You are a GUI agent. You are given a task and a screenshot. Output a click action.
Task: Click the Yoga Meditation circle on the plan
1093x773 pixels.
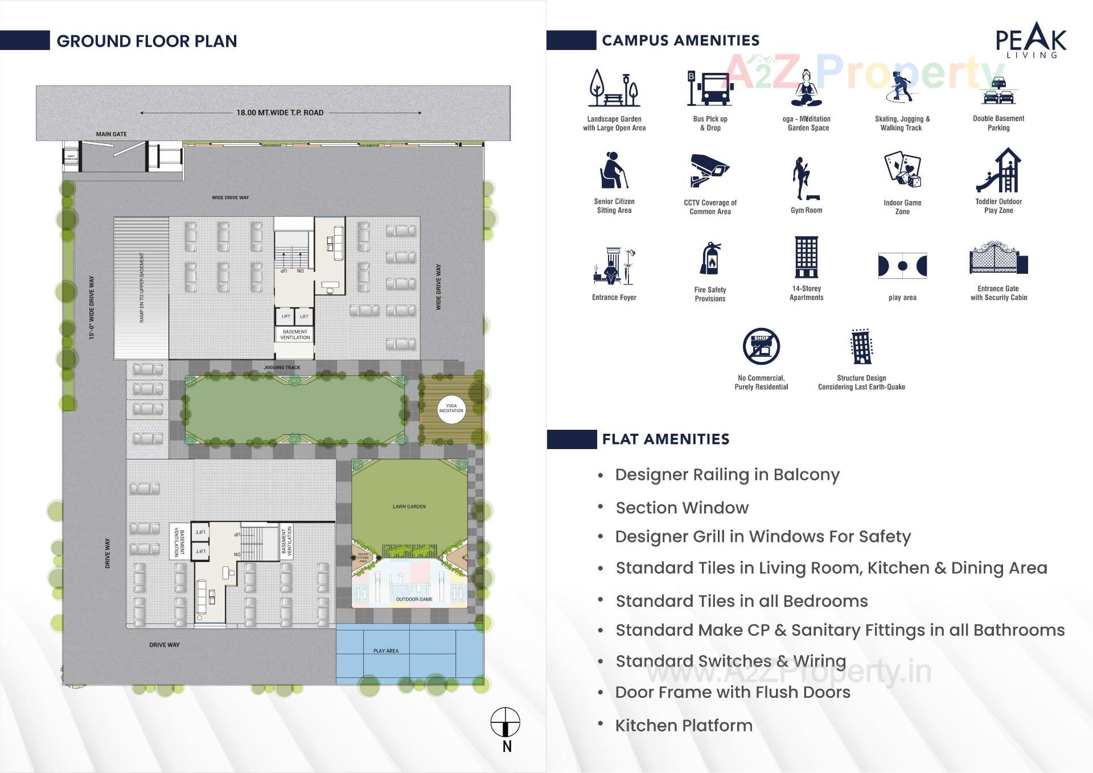[451, 408]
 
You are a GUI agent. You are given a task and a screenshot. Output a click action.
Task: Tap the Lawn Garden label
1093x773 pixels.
[409, 506]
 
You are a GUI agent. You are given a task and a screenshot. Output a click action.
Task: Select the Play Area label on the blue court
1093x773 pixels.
[386, 651]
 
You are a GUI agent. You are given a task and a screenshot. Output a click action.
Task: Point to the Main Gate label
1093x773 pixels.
[112, 134]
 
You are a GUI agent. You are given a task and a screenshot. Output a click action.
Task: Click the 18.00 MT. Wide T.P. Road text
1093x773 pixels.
[280, 113]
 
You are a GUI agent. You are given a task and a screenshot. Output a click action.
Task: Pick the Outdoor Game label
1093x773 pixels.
[414, 599]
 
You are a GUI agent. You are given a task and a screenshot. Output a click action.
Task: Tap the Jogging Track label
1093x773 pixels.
[282, 368]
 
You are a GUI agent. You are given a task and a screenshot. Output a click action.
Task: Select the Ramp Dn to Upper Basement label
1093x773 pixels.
[142, 287]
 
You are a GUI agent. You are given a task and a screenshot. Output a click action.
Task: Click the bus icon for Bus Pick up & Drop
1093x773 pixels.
[709, 89]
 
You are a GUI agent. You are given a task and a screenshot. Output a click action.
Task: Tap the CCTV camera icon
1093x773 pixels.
[709, 170]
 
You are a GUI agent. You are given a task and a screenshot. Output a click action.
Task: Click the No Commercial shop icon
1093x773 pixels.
[761, 346]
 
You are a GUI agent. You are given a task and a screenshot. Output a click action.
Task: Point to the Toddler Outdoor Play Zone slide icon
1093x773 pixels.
[999, 170]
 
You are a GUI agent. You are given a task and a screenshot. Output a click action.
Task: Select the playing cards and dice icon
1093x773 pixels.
[902, 170]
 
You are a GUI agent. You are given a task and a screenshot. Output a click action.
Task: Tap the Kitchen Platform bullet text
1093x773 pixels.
[684, 726]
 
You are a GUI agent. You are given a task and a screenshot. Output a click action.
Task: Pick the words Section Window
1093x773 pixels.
[682, 508]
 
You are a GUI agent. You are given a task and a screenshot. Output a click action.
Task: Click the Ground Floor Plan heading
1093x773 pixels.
[147, 41]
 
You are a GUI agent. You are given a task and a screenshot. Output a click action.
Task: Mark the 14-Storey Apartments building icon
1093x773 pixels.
[806, 257]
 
